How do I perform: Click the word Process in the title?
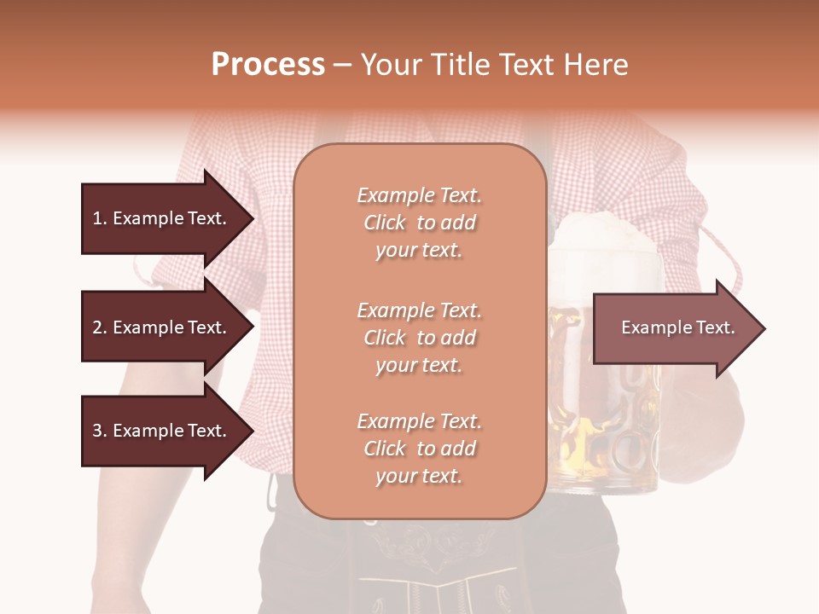268,65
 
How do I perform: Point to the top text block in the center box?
419,223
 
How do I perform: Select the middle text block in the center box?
419,338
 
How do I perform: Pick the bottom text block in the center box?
419,449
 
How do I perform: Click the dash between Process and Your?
342,66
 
